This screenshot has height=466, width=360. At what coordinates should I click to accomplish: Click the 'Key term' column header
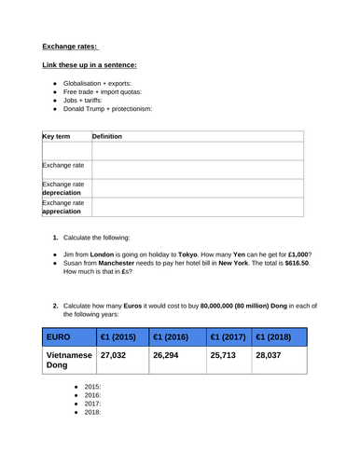click(56, 136)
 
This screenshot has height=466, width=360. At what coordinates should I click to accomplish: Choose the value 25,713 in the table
click(228, 355)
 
